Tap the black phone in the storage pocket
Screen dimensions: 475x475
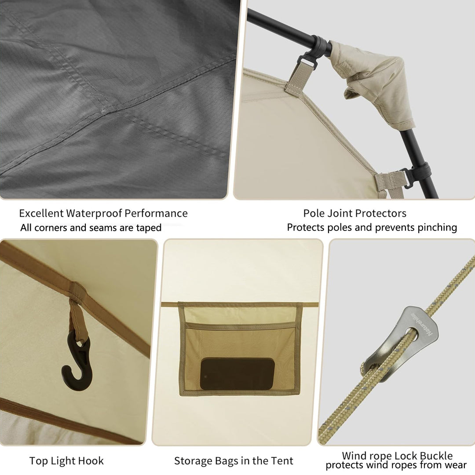(237, 374)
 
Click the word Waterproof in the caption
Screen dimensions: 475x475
(94, 213)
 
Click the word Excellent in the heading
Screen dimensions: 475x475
(41, 213)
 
